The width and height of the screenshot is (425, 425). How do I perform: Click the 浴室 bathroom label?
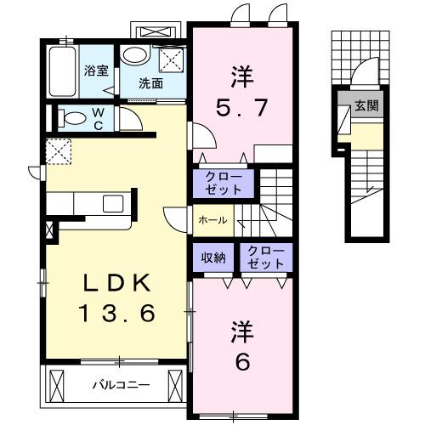(95, 71)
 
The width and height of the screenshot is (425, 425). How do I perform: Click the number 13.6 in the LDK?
(118, 314)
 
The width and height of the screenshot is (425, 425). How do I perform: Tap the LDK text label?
(117, 281)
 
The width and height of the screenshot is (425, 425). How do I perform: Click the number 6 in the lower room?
(241, 362)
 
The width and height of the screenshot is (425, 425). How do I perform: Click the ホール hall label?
(212, 220)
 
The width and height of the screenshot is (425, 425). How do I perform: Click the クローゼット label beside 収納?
(264, 258)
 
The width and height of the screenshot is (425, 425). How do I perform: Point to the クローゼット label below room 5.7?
(224, 181)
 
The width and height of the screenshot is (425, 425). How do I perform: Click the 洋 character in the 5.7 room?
(240, 75)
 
